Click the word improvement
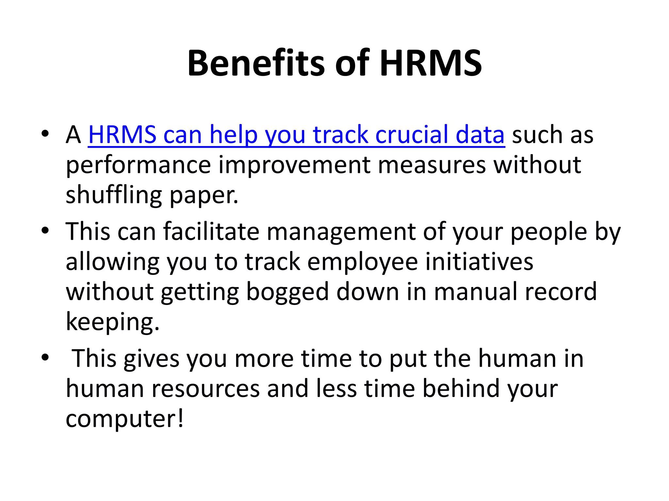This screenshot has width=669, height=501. [294, 165]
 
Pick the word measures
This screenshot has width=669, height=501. [432, 165]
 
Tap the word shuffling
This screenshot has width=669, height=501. [114, 195]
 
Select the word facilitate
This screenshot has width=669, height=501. [211, 231]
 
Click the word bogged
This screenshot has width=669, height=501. [287, 292]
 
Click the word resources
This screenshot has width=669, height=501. [202, 388]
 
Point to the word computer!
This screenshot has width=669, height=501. [125, 419]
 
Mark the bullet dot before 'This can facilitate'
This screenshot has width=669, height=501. [45, 231]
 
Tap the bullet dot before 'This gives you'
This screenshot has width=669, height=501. [45, 357]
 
